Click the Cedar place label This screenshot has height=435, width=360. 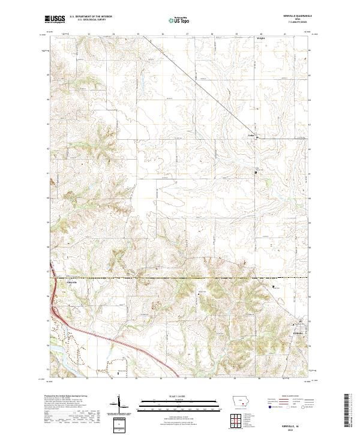click(252, 135)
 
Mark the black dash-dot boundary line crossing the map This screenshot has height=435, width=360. click(180, 278)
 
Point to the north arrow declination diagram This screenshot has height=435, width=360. click(121, 405)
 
